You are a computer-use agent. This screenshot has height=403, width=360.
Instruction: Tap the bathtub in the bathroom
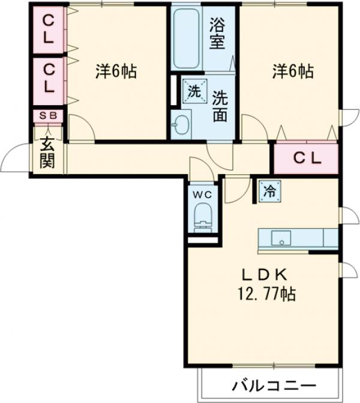point(187,38)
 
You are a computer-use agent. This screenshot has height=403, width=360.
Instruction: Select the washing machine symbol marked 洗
point(194,91)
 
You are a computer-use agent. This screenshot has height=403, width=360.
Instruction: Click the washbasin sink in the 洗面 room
point(180,124)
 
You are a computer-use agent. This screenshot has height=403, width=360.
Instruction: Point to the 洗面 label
point(220,105)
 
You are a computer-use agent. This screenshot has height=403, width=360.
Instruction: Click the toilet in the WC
point(203,216)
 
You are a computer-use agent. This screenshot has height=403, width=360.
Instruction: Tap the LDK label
point(265,275)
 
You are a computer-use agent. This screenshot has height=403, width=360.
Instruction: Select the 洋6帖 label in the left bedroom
point(116,71)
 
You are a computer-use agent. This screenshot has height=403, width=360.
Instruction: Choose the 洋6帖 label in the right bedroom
point(292,71)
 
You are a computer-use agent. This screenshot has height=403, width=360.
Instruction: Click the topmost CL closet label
point(47,28)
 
